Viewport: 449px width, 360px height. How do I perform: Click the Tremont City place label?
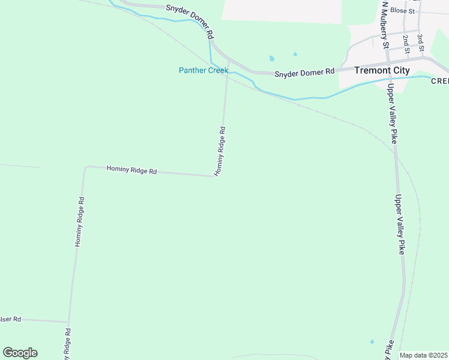click(x=382, y=70)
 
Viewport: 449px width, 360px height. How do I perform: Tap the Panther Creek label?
click(x=203, y=70)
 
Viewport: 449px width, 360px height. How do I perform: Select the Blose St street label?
click(x=402, y=11)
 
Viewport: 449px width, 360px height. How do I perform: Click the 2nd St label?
click(x=406, y=43)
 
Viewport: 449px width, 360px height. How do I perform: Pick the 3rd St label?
click(x=421, y=43)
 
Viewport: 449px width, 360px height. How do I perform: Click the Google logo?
click(x=20, y=353)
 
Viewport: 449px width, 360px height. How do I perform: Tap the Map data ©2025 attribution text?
click(x=424, y=355)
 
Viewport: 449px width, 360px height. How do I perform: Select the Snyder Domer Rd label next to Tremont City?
click(x=304, y=73)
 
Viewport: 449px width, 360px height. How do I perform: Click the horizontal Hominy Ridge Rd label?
click(x=131, y=170)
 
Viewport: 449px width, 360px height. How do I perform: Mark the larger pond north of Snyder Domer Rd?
click(x=272, y=59)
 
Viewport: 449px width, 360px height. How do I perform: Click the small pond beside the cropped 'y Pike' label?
click(x=372, y=342)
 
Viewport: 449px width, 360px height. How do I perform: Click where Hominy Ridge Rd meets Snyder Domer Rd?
click(x=229, y=61)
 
